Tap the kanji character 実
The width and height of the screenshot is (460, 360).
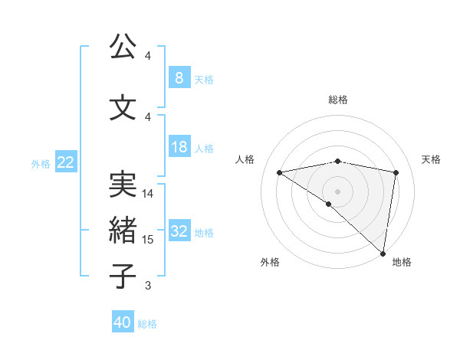[x=123, y=185]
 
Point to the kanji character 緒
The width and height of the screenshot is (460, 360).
[x=123, y=229]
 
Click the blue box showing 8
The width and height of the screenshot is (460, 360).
[x=179, y=78]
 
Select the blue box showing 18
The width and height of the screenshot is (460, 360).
[x=179, y=147]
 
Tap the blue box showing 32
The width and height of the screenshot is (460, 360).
[x=179, y=232]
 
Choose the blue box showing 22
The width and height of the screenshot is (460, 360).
[x=66, y=162]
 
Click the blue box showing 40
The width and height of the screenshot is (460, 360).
[x=123, y=322]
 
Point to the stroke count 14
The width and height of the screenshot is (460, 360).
[x=149, y=194]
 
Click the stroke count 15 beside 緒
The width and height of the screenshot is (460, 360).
[x=149, y=240]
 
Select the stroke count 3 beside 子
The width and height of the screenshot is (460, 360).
[x=148, y=286]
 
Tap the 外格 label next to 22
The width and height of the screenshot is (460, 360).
[x=41, y=163]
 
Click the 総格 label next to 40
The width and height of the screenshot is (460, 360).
[x=148, y=323]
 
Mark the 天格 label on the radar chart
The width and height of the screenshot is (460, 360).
[x=431, y=159]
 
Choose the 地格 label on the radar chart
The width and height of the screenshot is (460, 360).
[x=402, y=262]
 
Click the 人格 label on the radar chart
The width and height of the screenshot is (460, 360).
[x=245, y=159]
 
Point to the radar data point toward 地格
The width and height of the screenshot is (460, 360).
[x=383, y=253]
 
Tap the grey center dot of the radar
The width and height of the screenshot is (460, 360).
[x=337, y=190]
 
